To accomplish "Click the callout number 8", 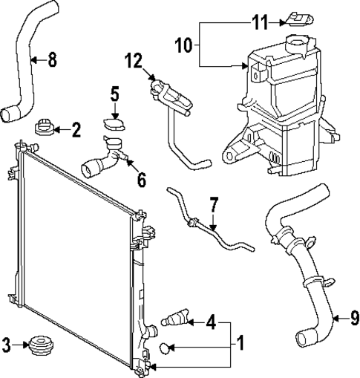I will tap(51, 59).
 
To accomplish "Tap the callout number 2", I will tap(76, 131).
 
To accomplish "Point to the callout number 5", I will tap(114, 94).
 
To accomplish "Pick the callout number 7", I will tap(214, 202).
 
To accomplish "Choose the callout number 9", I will tap(354, 319).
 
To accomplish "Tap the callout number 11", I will tap(258, 22).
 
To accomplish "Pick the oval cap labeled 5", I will tap(113, 124).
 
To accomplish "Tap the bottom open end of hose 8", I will tap(10, 114).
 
